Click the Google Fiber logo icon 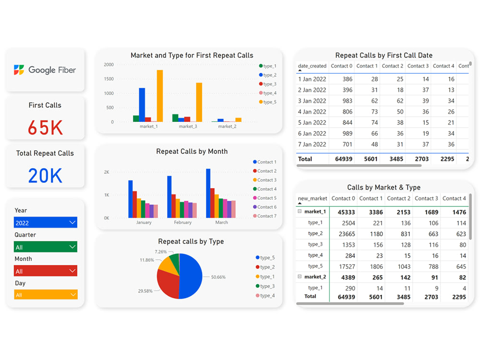[19, 70]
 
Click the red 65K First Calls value [45, 128]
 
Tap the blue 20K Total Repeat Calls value [45, 176]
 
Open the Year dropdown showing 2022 [46, 223]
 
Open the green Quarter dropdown [46, 247]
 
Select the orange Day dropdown [46, 295]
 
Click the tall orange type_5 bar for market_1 [160, 96]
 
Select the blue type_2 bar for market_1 [142, 105]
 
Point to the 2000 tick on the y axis [109, 64]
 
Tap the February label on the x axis [182, 222]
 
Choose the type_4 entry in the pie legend [267, 296]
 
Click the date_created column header [312, 66]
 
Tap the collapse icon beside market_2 [300, 277]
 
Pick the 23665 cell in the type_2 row [346, 234]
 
